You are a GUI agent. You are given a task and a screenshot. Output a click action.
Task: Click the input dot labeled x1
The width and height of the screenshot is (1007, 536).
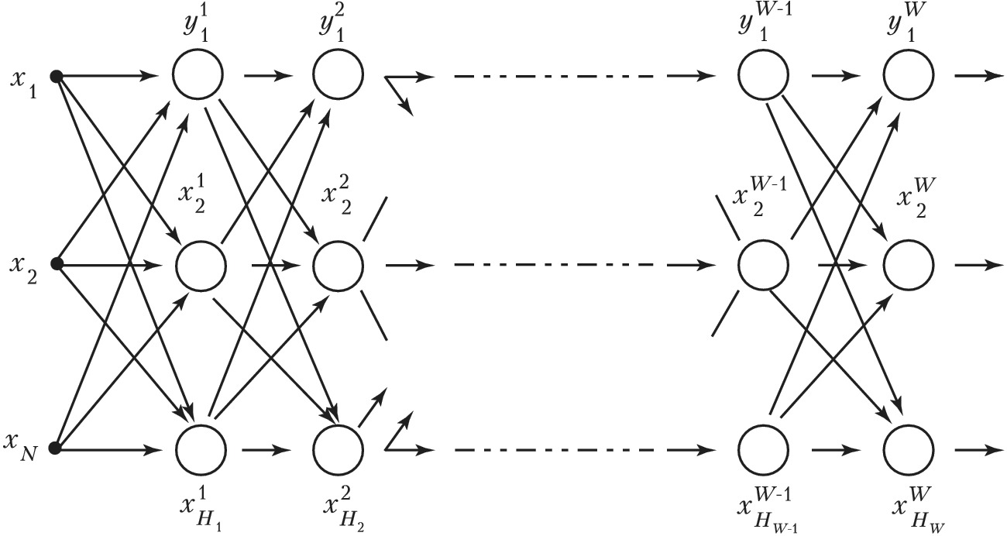pos(56,76)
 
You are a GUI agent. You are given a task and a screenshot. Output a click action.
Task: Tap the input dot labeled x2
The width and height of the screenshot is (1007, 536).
pos(56,264)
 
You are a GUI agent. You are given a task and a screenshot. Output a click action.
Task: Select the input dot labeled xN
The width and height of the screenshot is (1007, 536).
pos(56,448)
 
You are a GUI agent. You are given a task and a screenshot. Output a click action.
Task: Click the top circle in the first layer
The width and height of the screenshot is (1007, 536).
pos(198,76)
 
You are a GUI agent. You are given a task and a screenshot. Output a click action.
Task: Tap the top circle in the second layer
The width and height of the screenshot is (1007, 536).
pos(339,76)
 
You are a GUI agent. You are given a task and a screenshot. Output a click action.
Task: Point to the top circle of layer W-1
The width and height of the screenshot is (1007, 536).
pos(762,76)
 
